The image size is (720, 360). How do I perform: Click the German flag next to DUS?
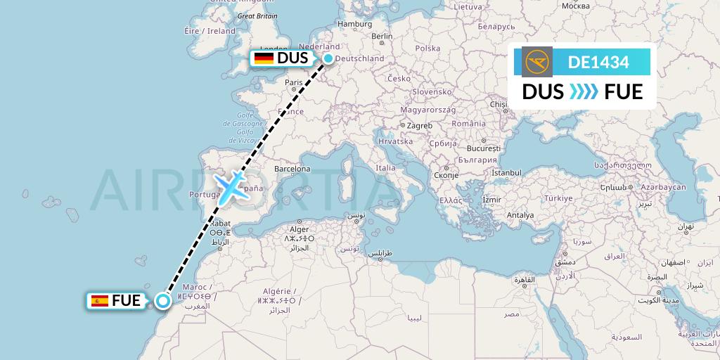(264, 58)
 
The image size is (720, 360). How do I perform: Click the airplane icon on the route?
(231, 187)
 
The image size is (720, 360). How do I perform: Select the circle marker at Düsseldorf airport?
(328, 59)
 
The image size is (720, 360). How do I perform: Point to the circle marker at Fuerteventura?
(163, 301)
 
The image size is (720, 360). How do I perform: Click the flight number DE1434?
(599, 63)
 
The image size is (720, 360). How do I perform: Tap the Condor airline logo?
(538, 63)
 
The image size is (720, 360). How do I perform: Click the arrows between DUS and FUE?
(584, 92)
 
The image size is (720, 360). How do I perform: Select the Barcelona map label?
(292, 169)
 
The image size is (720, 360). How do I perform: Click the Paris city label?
(293, 82)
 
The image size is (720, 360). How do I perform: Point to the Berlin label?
(381, 37)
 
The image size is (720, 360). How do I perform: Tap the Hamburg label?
(354, 24)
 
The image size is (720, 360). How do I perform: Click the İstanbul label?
(506, 172)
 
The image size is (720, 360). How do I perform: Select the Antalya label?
(520, 214)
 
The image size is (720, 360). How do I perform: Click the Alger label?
(299, 229)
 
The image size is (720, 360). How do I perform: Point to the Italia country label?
(385, 168)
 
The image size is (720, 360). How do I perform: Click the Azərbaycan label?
(662, 188)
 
